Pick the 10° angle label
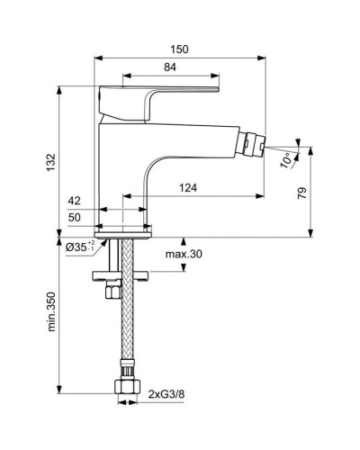[x=286, y=161]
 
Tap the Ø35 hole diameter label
[x=79, y=246]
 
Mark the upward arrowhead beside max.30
[x=184, y=242]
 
